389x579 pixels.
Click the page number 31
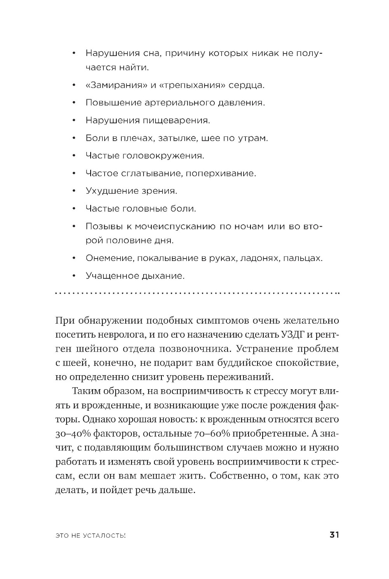point(334,535)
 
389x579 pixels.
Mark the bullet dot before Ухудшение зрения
point(74,191)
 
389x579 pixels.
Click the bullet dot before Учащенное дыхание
point(74,276)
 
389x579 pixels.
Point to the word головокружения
point(163,156)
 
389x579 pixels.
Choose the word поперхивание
point(221,173)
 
